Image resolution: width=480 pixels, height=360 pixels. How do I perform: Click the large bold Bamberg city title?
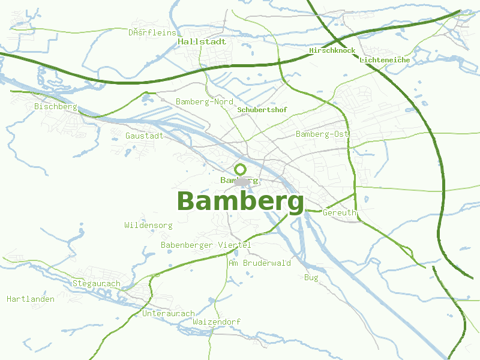[240, 202]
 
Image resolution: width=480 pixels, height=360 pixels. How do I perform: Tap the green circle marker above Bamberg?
[241, 169]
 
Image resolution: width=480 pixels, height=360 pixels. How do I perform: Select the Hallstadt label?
[202, 42]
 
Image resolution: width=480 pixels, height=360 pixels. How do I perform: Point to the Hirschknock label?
[332, 51]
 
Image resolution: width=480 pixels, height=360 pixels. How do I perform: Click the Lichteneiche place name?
[385, 60]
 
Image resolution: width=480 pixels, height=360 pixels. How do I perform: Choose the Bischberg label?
[56, 107]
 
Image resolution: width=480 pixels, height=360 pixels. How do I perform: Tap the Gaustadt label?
[144, 136]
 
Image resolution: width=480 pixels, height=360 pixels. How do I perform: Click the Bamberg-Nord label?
[204, 102]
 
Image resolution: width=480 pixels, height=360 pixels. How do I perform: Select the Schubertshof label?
[262, 110]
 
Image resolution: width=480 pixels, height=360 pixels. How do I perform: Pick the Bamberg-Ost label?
[322, 134]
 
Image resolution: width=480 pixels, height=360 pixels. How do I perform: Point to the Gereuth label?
[339, 213]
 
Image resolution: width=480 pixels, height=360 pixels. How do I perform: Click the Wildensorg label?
[148, 226]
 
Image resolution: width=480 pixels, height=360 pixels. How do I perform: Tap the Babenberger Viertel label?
[205, 245]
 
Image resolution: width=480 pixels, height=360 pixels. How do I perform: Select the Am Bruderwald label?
[259, 263]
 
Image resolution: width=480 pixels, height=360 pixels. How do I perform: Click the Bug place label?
[311, 278]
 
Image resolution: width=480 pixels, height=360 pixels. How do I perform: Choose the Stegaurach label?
[96, 283]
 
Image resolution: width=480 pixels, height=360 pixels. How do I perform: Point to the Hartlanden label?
[31, 299]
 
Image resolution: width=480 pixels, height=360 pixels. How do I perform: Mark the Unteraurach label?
[168, 314]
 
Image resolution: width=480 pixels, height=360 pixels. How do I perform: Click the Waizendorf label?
[217, 322]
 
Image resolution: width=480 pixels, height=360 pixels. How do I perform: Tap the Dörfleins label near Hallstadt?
[152, 32]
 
